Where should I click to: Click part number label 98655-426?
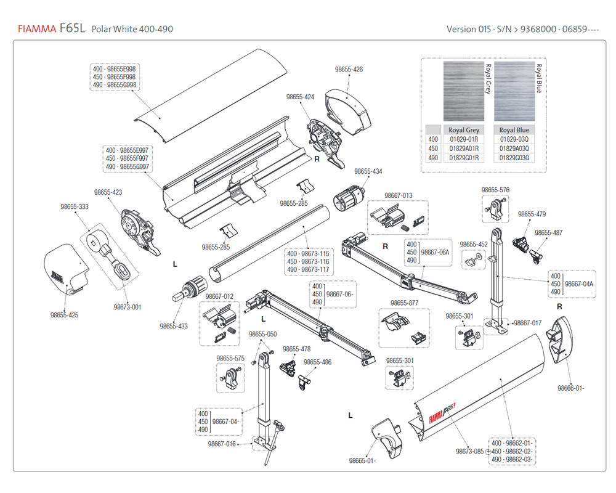(x=349, y=70)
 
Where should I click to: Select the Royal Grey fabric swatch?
(x=464, y=91)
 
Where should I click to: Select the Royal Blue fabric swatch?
(x=514, y=91)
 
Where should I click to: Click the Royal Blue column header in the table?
(x=514, y=130)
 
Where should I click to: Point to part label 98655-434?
(x=368, y=171)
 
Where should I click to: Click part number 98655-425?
(x=65, y=315)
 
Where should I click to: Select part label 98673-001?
(x=128, y=307)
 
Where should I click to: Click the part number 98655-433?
(x=174, y=326)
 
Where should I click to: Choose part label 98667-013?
(x=399, y=195)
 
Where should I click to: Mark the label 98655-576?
(x=496, y=190)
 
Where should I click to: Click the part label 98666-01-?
(x=571, y=388)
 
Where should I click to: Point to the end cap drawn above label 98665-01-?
(x=387, y=438)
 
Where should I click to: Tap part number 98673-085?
(x=469, y=451)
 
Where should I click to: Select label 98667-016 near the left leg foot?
(x=222, y=444)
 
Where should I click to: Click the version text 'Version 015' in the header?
(x=468, y=29)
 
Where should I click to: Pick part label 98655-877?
(x=405, y=303)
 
